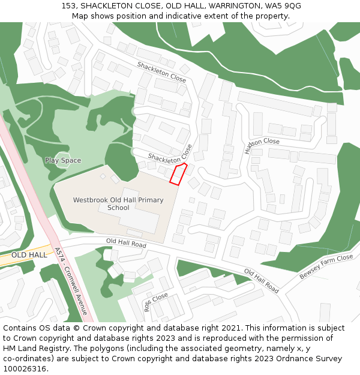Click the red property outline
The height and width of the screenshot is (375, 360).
click(178, 174)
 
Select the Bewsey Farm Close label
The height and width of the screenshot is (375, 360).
click(326, 266)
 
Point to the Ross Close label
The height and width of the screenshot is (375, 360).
click(155, 301)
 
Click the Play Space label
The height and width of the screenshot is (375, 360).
click(62, 160)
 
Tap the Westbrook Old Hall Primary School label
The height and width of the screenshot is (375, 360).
click(118, 204)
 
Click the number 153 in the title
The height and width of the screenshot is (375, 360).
click(69, 6)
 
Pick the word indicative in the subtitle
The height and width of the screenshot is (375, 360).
click(205, 16)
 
